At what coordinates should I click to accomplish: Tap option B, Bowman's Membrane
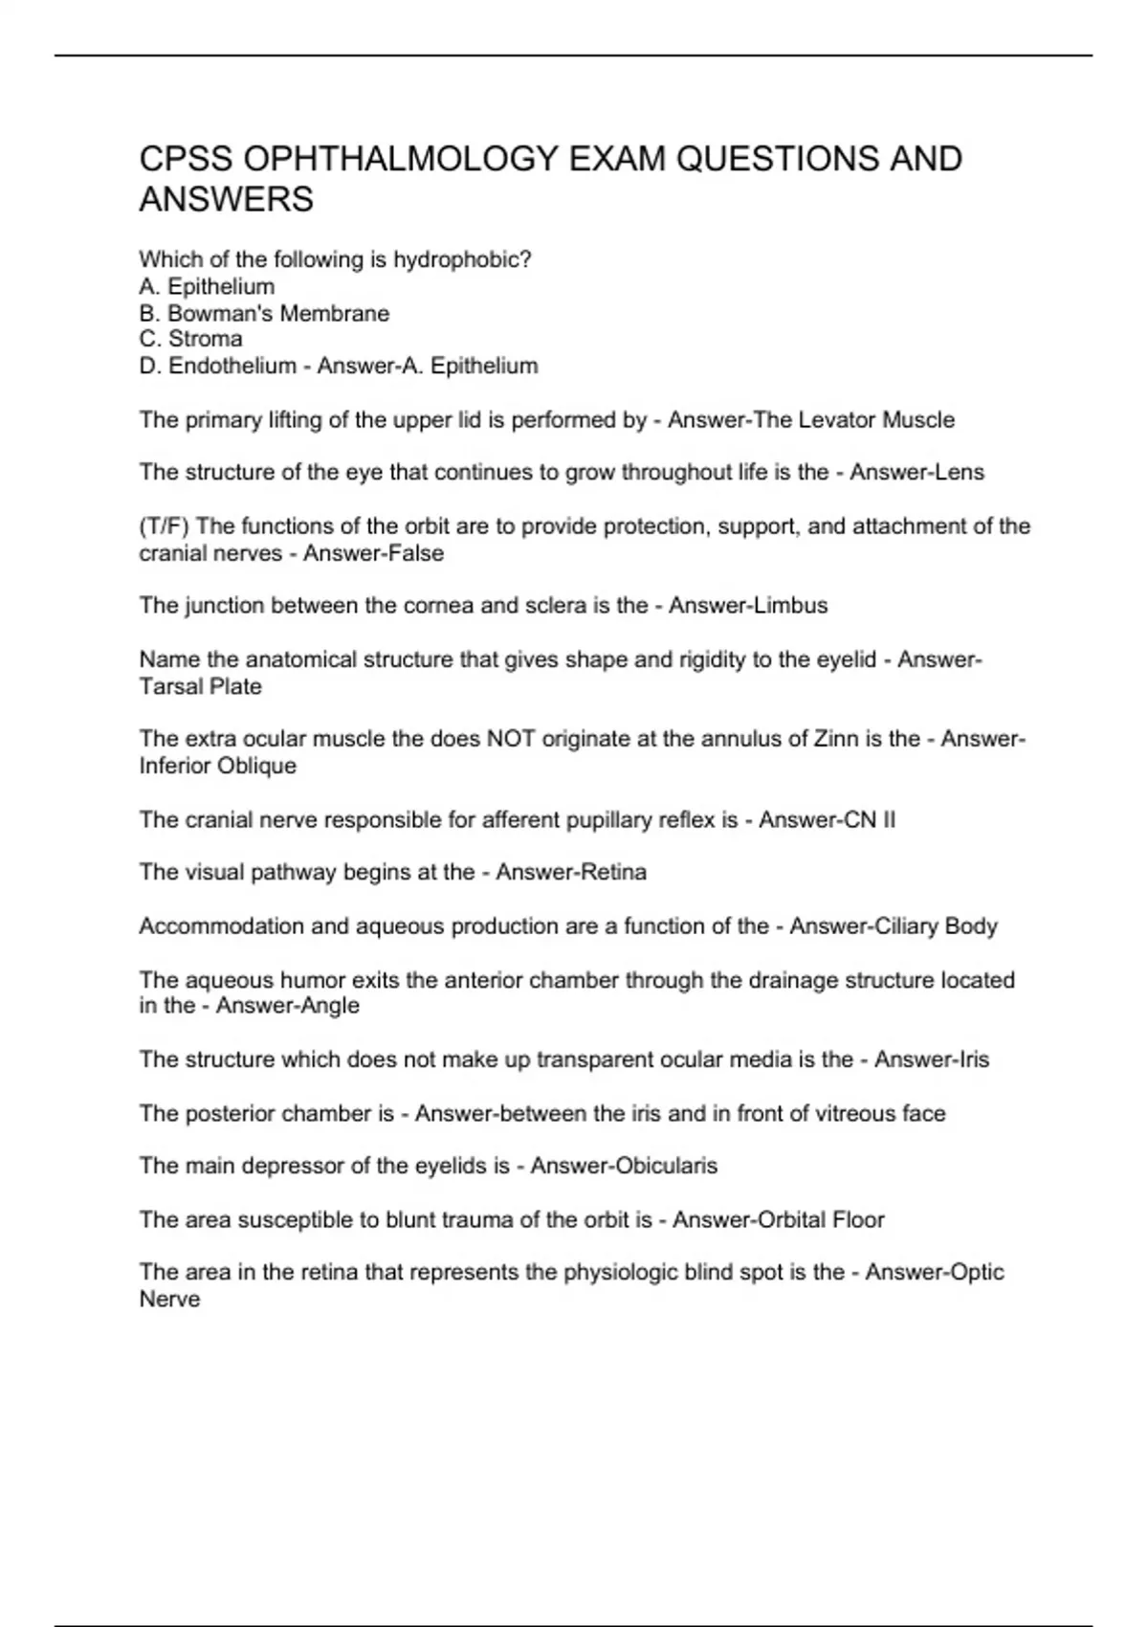tap(264, 313)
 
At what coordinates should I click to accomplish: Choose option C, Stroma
tap(190, 339)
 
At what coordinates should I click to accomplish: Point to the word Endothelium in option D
tap(232, 366)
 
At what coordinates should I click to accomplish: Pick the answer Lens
tap(960, 472)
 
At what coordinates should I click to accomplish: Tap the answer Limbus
tap(790, 606)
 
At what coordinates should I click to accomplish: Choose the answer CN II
tap(870, 820)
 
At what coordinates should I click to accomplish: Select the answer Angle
tap(329, 1006)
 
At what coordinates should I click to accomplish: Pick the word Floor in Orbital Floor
tap(858, 1219)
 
